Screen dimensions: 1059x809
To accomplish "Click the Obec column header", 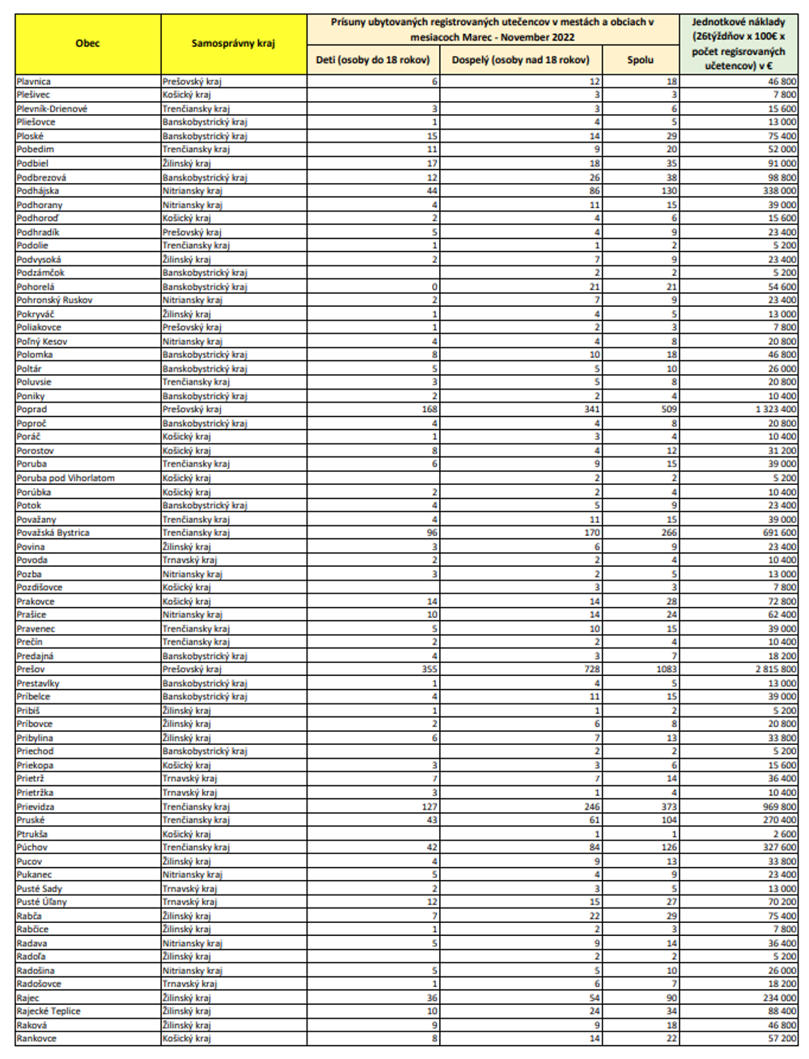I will tap(87, 44).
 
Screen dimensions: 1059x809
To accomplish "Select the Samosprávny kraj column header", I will tap(233, 44).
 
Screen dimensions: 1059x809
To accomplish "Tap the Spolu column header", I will tap(640, 60).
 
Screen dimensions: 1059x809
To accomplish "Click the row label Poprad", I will tap(32, 410).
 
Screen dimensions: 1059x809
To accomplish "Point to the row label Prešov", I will tap(31, 670).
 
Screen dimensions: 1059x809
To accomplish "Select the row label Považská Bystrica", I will tap(53, 533).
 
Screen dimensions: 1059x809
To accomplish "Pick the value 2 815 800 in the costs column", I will tap(775, 670).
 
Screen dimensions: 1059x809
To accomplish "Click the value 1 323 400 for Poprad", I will tap(775, 410).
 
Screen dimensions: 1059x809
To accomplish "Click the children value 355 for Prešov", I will tap(429, 670).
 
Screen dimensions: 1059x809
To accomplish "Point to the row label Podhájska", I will tap(38, 191).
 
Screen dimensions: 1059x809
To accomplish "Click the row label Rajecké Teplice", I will tap(49, 1011).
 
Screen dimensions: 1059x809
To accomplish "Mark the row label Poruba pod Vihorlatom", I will tap(66, 478).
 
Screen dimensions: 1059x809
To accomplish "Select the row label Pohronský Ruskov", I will tap(55, 300).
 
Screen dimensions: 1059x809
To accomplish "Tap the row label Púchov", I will tap(32, 848).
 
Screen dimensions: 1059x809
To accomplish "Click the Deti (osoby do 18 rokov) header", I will tap(373, 60).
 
